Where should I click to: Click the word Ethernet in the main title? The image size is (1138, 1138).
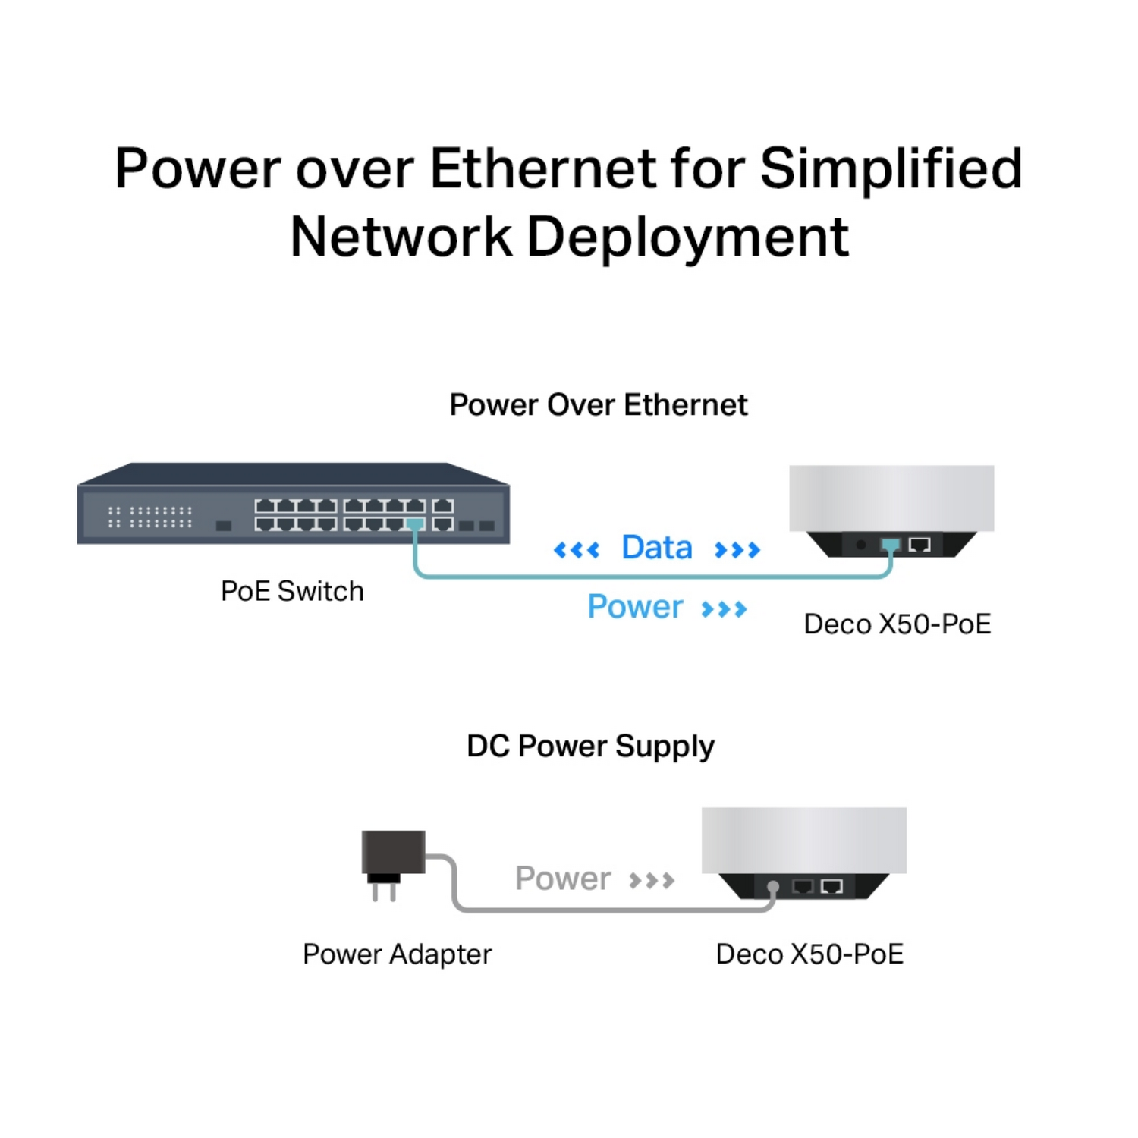(542, 168)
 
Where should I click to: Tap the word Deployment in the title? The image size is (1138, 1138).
(687, 238)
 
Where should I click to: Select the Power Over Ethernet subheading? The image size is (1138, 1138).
(598, 405)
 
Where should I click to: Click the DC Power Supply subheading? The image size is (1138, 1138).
(590, 747)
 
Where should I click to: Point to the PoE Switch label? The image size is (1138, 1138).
(292, 591)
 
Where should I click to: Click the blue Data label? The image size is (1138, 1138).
(656, 548)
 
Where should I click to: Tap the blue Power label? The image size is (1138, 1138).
(635, 607)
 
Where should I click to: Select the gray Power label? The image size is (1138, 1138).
(562, 879)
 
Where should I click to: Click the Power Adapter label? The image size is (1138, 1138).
(397, 954)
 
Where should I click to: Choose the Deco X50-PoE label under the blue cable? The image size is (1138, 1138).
(897, 624)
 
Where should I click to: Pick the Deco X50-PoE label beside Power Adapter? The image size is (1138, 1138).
(809, 954)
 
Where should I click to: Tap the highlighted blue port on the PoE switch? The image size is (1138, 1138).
(415, 524)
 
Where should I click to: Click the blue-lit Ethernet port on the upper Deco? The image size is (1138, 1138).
(890, 545)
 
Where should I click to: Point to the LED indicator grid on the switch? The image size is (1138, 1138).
(150, 517)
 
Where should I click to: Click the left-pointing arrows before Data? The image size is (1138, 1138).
(577, 549)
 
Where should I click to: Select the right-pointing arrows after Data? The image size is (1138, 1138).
(737, 549)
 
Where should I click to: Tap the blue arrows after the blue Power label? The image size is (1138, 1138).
(724, 608)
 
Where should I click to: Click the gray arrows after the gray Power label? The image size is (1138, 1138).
(652, 880)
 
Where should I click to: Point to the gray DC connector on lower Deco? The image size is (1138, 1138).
(773, 887)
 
